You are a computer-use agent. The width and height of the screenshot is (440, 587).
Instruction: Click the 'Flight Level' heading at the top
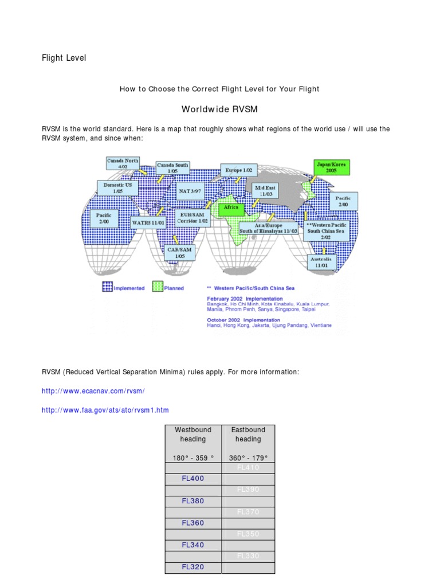click(x=64, y=58)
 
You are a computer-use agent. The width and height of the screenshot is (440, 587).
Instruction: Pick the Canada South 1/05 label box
click(x=172, y=167)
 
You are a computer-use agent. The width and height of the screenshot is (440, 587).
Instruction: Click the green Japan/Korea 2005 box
click(x=331, y=167)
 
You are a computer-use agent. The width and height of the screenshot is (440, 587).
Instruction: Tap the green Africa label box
click(x=231, y=208)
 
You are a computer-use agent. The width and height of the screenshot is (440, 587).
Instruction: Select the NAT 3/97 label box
click(x=190, y=190)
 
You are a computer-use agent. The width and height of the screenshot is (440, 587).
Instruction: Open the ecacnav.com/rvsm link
click(x=93, y=391)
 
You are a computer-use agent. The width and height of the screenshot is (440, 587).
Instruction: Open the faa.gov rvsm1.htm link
click(x=105, y=410)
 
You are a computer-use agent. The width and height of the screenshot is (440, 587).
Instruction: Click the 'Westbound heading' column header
click(x=193, y=435)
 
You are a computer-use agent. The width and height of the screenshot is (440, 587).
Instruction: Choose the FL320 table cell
click(x=193, y=568)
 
